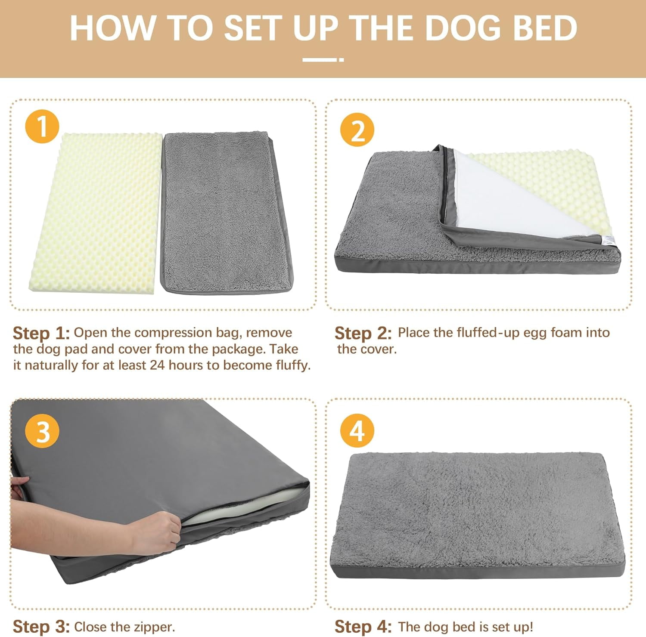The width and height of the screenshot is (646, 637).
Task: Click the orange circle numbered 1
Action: (x=42, y=127)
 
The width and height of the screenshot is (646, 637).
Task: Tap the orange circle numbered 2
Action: (x=357, y=130)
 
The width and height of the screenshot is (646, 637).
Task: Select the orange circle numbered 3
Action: (x=42, y=430)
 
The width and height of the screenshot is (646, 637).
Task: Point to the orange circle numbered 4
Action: (x=357, y=430)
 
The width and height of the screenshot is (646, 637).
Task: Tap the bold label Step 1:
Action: (x=41, y=334)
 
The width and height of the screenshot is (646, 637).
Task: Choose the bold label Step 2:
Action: (x=363, y=334)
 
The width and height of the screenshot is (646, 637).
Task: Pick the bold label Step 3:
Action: (x=41, y=627)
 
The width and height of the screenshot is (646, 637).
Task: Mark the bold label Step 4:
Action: (x=363, y=627)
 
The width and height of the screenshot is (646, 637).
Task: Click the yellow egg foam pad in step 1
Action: (x=95, y=213)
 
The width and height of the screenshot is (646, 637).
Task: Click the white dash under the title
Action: (x=323, y=60)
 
